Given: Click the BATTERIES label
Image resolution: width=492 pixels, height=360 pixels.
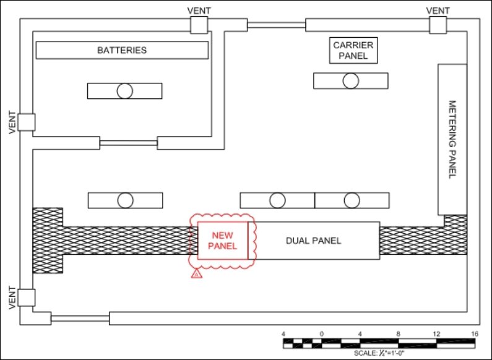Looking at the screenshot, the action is click(122, 50).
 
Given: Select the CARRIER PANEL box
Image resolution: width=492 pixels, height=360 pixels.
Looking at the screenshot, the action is click(353, 51).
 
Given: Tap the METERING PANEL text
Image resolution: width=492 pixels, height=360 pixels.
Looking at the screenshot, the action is click(452, 140).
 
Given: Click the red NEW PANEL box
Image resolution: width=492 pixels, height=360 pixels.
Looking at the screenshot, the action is click(222, 241).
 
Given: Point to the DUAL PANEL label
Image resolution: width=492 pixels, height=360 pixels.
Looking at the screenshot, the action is click(313, 241).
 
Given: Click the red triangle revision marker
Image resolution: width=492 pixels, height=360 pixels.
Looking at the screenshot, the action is click(197, 273).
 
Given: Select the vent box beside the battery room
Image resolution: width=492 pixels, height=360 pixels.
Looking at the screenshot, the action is click(199, 25).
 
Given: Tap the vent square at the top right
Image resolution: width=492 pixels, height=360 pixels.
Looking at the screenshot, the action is click(438, 25).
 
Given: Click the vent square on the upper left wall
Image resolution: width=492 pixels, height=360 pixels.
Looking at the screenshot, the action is click(27, 122).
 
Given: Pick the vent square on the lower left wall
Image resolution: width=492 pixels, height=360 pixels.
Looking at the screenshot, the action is click(27, 298).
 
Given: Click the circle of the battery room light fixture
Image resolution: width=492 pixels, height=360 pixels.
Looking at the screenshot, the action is click(125, 91).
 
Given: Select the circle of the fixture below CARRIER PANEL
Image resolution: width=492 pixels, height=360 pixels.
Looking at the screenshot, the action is click(351, 81).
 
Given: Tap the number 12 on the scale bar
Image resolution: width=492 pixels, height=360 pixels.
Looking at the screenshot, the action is click(436, 334).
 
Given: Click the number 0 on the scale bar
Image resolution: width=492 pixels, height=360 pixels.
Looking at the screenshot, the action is click(322, 334).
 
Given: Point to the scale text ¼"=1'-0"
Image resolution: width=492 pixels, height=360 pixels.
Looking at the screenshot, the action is click(388, 353).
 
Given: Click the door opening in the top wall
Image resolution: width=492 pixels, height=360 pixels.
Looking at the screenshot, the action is click(277, 25).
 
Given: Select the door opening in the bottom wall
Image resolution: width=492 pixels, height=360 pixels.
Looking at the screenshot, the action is click(80, 319).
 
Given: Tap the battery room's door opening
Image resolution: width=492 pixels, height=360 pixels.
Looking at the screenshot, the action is click(129, 143).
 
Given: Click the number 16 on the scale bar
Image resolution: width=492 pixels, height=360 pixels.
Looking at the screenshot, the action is click(475, 334).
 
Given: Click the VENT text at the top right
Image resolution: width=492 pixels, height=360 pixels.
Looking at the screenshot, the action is click(438, 11).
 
